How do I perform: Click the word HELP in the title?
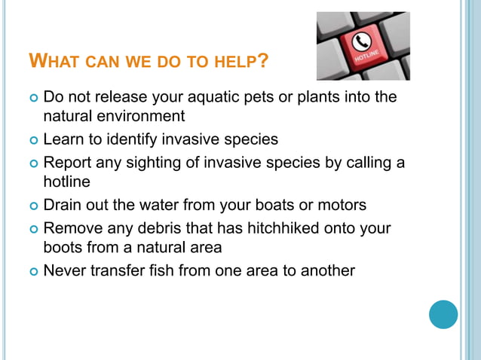pos(231,60)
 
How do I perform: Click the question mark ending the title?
pos(262,60)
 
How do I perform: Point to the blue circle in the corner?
pos(443,314)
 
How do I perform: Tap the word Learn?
pos(65,139)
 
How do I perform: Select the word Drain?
pos(63,204)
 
